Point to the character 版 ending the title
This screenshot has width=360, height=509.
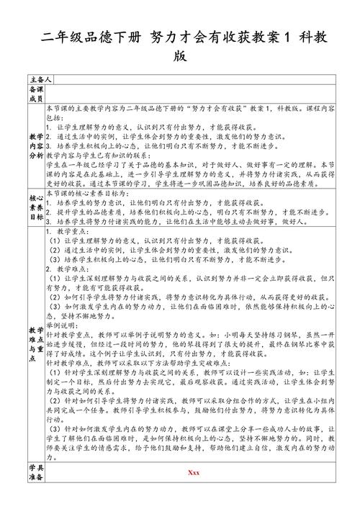pos(180,56)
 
